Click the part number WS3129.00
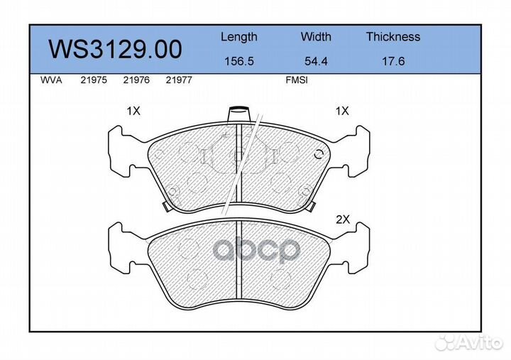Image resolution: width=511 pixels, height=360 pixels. (114, 49)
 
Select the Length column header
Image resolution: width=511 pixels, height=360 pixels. (238, 37)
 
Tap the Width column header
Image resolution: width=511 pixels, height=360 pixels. (316, 37)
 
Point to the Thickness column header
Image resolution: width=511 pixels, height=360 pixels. (392, 37)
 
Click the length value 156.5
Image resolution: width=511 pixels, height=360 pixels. (238, 62)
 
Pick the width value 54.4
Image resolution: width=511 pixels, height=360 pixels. (316, 62)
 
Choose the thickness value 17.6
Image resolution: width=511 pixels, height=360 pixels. (392, 62)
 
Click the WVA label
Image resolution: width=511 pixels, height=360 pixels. (51, 81)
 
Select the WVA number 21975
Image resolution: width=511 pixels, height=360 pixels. (93, 81)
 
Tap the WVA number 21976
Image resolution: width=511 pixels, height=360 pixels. (136, 81)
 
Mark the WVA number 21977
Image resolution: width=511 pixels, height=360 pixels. (178, 81)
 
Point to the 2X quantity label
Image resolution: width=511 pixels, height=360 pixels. (343, 220)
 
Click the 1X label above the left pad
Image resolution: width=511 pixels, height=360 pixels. (133, 111)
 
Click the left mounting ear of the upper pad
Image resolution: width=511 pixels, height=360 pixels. (121, 151)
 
